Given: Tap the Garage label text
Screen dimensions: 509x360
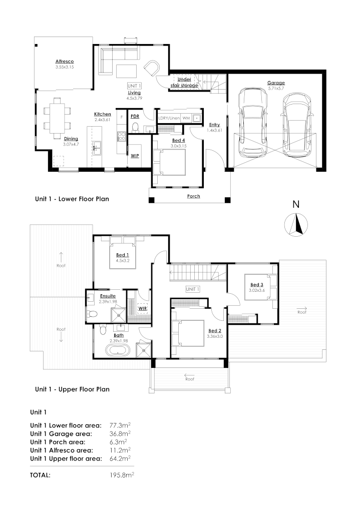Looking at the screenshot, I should click(x=276, y=83).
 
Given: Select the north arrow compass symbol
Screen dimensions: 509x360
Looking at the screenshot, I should click(x=296, y=224).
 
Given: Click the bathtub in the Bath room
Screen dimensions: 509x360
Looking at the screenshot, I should click(x=116, y=348).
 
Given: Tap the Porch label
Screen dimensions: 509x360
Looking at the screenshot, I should click(x=193, y=196).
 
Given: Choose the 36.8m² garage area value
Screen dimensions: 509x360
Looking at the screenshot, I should click(x=120, y=433).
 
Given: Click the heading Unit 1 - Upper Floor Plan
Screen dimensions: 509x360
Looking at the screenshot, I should click(x=72, y=389).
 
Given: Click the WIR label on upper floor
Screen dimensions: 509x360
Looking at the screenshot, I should click(x=142, y=308).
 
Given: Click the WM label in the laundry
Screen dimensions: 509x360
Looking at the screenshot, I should click(x=186, y=118).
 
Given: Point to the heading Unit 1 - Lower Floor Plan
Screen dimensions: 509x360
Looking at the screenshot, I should click(x=72, y=199).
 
